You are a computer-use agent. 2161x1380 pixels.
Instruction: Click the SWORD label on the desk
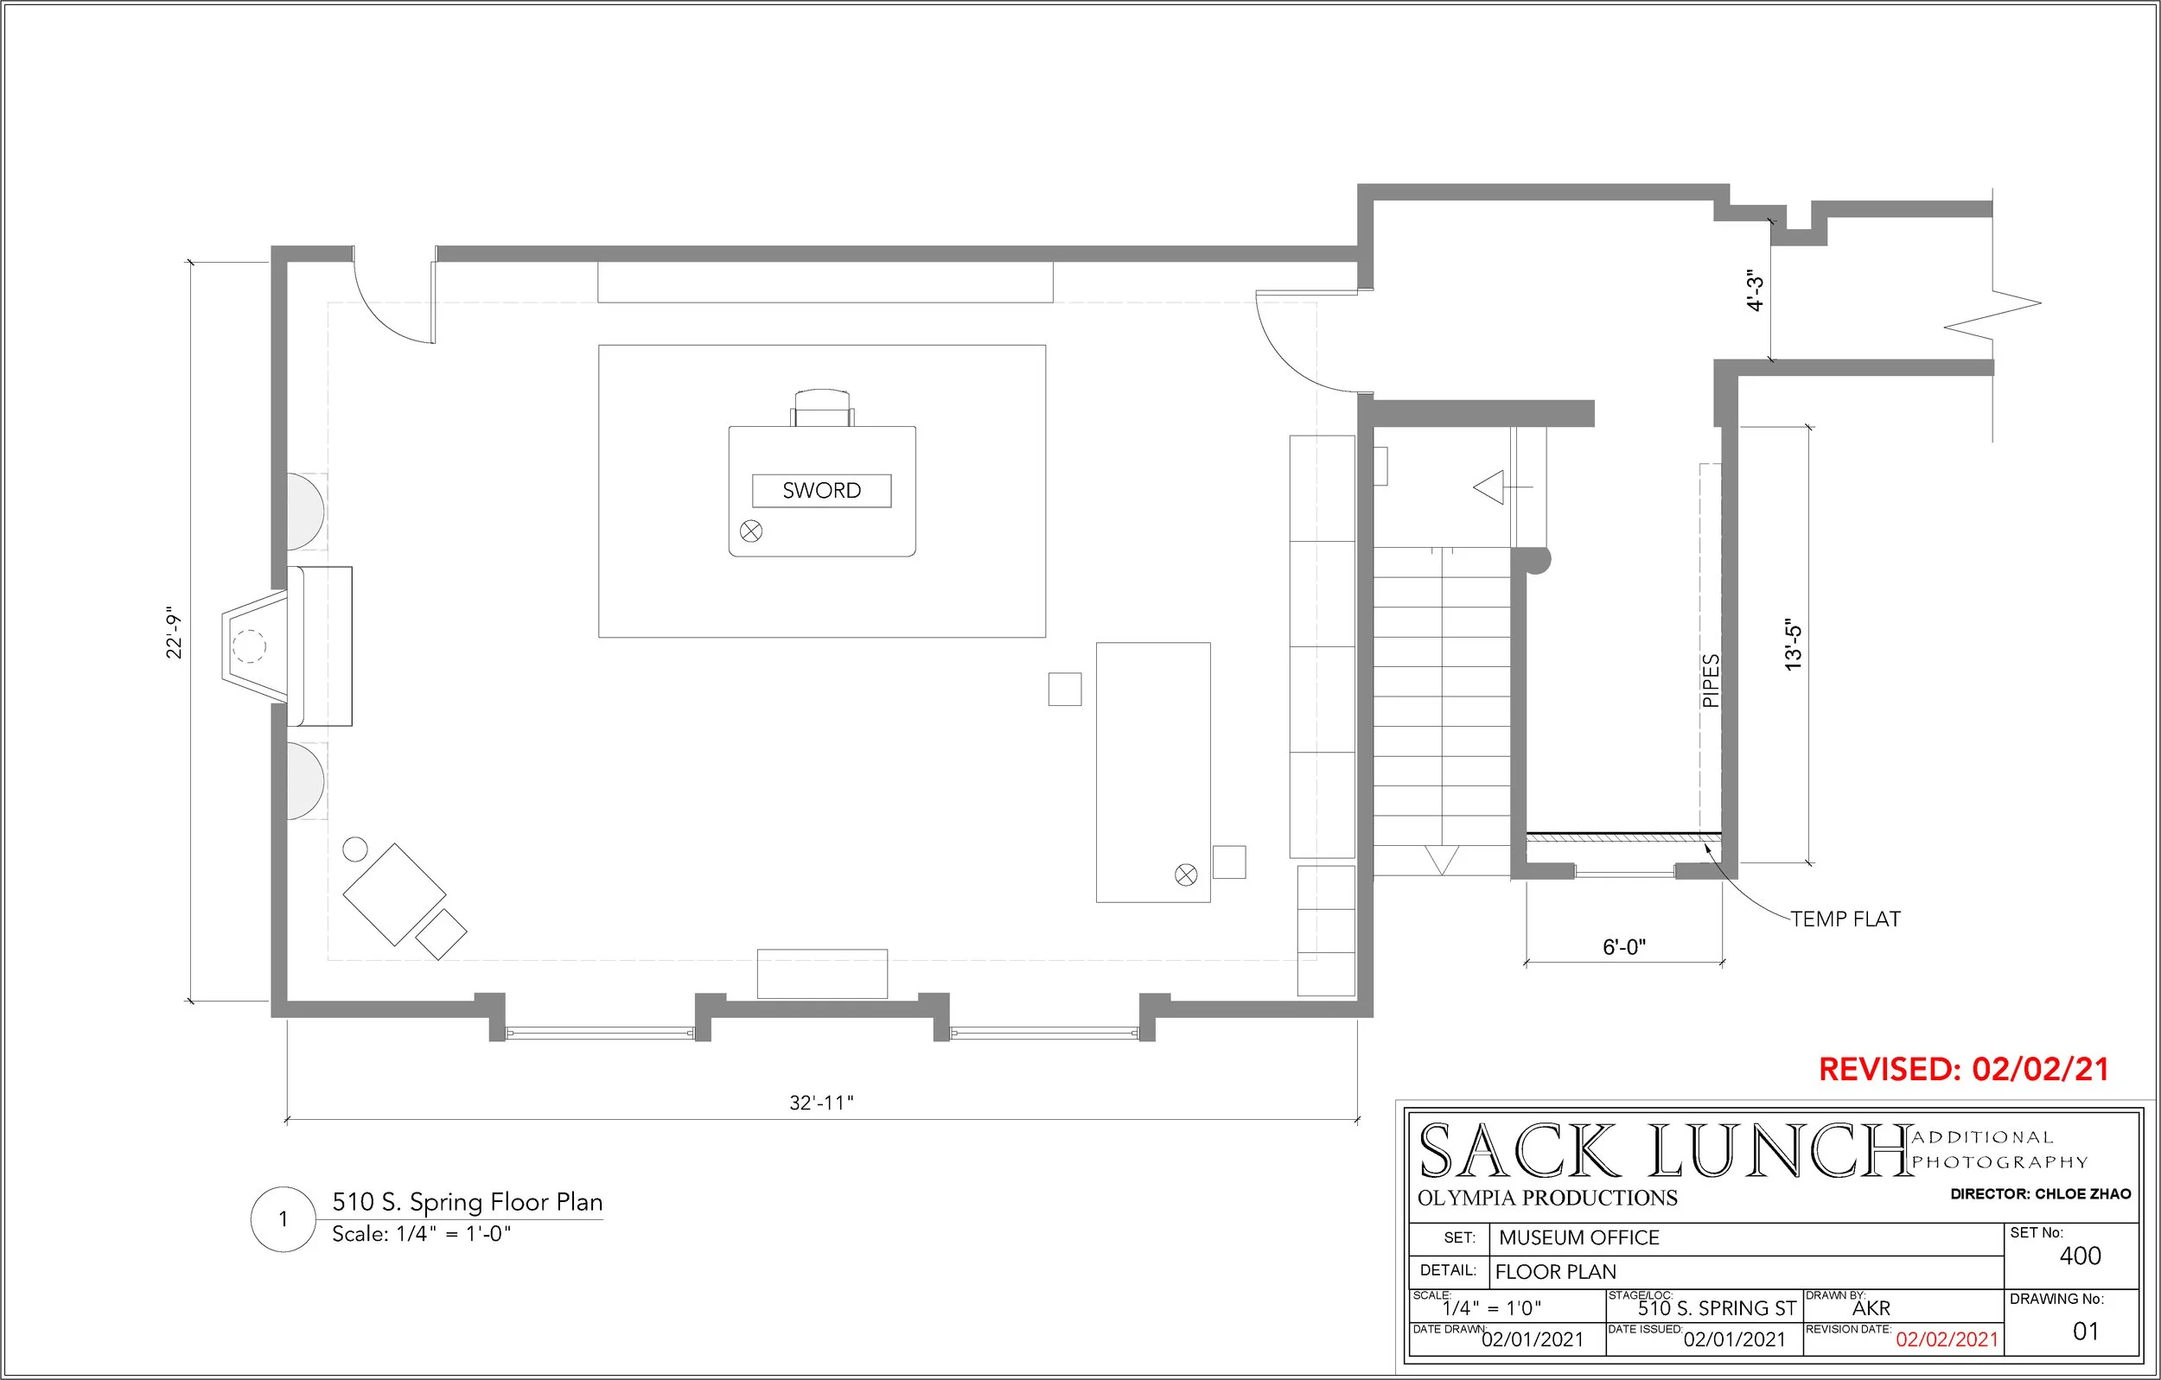[x=821, y=491]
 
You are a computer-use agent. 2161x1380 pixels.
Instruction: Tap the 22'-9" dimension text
[x=174, y=633]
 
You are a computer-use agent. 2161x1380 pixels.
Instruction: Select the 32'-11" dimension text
[x=821, y=1103]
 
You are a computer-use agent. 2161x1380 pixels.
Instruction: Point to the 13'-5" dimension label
[x=1793, y=645]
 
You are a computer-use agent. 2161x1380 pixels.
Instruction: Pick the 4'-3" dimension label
[x=1756, y=289]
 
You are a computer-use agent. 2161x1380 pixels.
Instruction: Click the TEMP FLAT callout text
[x=1846, y=919]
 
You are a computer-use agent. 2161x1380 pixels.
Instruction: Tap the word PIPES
[x=1712, y=681]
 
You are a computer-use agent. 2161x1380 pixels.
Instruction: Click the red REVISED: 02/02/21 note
[x=1964, y=1070]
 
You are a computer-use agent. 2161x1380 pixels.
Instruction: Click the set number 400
[x=2081, y=1256]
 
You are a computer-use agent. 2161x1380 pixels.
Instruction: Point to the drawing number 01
[x=2086, y=1332]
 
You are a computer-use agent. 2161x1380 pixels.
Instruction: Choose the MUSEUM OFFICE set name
[x=1578, y=1238]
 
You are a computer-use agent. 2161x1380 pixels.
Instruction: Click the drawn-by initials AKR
[x=1871, y=1309]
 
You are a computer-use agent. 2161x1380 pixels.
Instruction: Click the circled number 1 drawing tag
[x=283, y=1219]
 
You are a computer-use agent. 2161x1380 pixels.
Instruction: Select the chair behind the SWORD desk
[x=822, y=408]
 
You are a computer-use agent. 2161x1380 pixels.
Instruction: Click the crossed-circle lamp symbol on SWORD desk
[x=751, y=531]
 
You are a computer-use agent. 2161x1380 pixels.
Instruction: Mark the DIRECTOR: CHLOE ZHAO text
[x=2040, y=1194]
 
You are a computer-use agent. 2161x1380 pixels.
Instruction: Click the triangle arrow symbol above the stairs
[x=1489, y=487]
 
